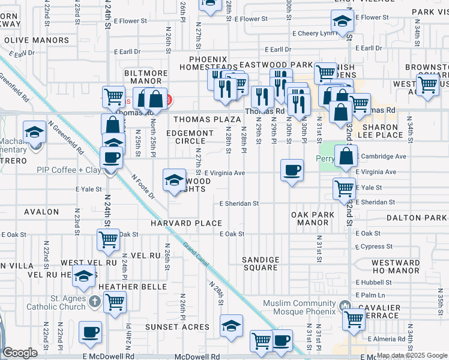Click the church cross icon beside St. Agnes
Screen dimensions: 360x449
(x=94, y=301)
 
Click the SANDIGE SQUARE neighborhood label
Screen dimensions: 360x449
(x=261, y=263)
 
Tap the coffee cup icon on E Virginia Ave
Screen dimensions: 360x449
(x=292, y=170)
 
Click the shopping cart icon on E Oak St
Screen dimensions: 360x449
(x=109, y=239)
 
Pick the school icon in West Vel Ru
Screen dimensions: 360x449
(x=84, y=276)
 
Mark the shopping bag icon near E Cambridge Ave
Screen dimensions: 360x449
(x=346, y=156)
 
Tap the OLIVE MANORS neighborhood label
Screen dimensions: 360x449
(x=37, y=40)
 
